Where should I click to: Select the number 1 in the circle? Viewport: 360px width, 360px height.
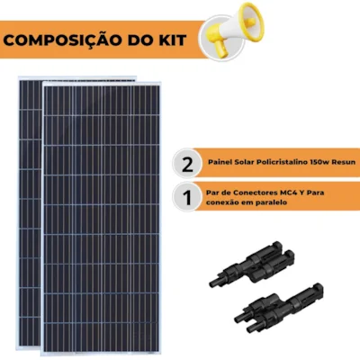click(188, 197)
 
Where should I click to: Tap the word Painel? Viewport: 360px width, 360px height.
click(219, 162)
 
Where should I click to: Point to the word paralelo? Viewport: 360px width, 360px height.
click(272, 202)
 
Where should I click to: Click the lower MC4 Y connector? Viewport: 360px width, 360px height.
click(279, 308)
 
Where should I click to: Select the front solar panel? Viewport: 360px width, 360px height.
click(102, 218)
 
